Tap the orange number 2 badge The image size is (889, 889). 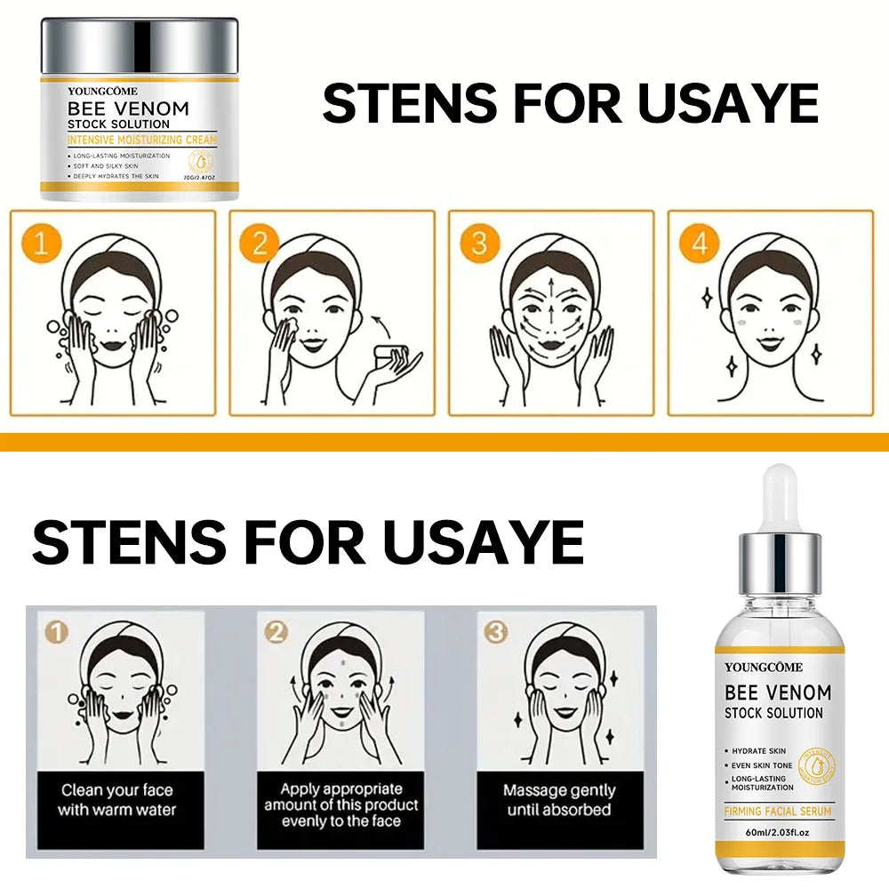[x=259, y=243]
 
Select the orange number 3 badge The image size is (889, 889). [x=479, y=243]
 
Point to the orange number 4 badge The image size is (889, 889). [x=699, y=243]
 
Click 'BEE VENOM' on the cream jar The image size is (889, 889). [x=129, y=108]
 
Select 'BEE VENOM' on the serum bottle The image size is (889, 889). [x=778, y=692]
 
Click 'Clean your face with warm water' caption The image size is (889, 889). [x=117, y=799]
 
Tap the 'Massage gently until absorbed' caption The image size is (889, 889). [x=558, y=799]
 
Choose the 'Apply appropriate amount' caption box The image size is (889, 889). [x=340, y=805]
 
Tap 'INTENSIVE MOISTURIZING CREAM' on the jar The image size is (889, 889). [x=142, y=140]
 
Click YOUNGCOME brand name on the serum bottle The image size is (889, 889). [x=764, y=667]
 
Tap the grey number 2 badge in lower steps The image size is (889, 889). [x=276, y=632]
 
